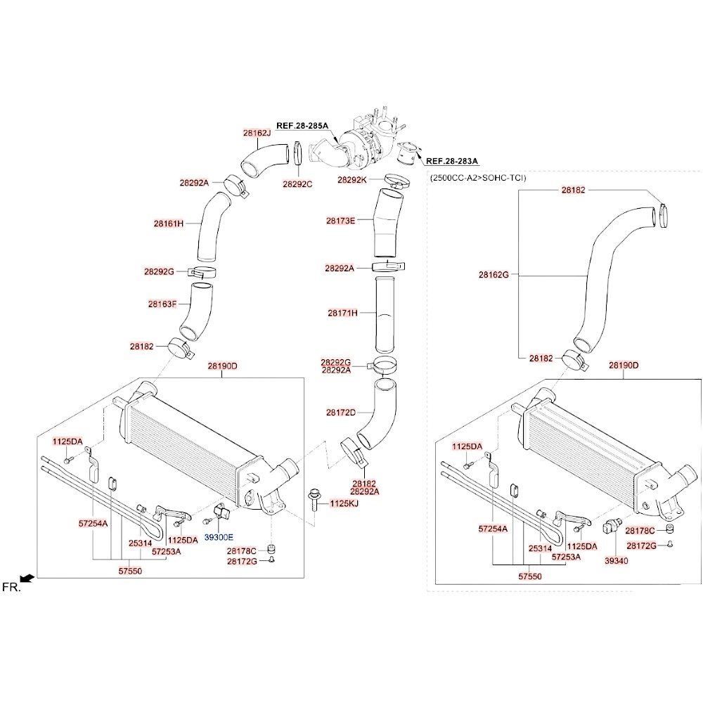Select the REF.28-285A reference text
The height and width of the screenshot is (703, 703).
[302, 126]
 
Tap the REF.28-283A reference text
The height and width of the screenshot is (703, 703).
[452, 160]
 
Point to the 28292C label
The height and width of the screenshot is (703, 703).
[297, 183]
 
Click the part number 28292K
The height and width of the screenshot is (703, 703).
[352, 179]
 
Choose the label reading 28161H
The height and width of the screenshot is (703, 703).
[169, 224]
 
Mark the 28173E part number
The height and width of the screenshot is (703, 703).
[340, 221]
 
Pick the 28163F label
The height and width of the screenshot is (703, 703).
[162, 304]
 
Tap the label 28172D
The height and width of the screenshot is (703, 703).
[340, 412]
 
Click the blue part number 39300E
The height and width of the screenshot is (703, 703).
[219, 536]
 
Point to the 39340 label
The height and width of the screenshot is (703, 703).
[616, 560]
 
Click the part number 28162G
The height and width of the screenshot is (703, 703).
[494, 274]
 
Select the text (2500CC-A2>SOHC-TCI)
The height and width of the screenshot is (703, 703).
[477, 179]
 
